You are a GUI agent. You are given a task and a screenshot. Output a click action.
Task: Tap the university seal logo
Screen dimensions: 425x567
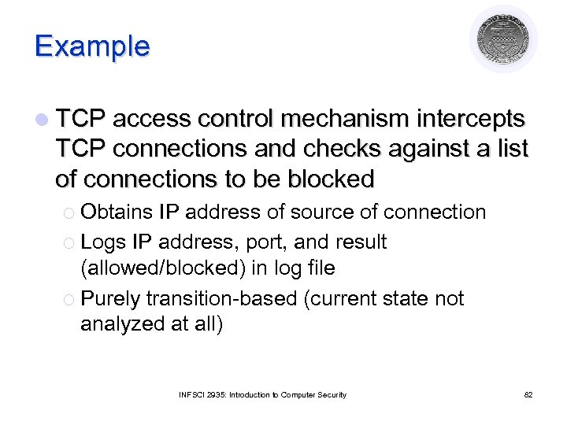click(x=504, y=39)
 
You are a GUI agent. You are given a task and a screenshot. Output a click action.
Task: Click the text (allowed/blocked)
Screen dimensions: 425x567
click(x=163, y=268)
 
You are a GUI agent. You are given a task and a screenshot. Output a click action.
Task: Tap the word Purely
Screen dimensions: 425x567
click(x=111, y=299)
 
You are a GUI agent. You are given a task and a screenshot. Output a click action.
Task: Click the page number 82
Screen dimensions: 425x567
click(x=528, y=394)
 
